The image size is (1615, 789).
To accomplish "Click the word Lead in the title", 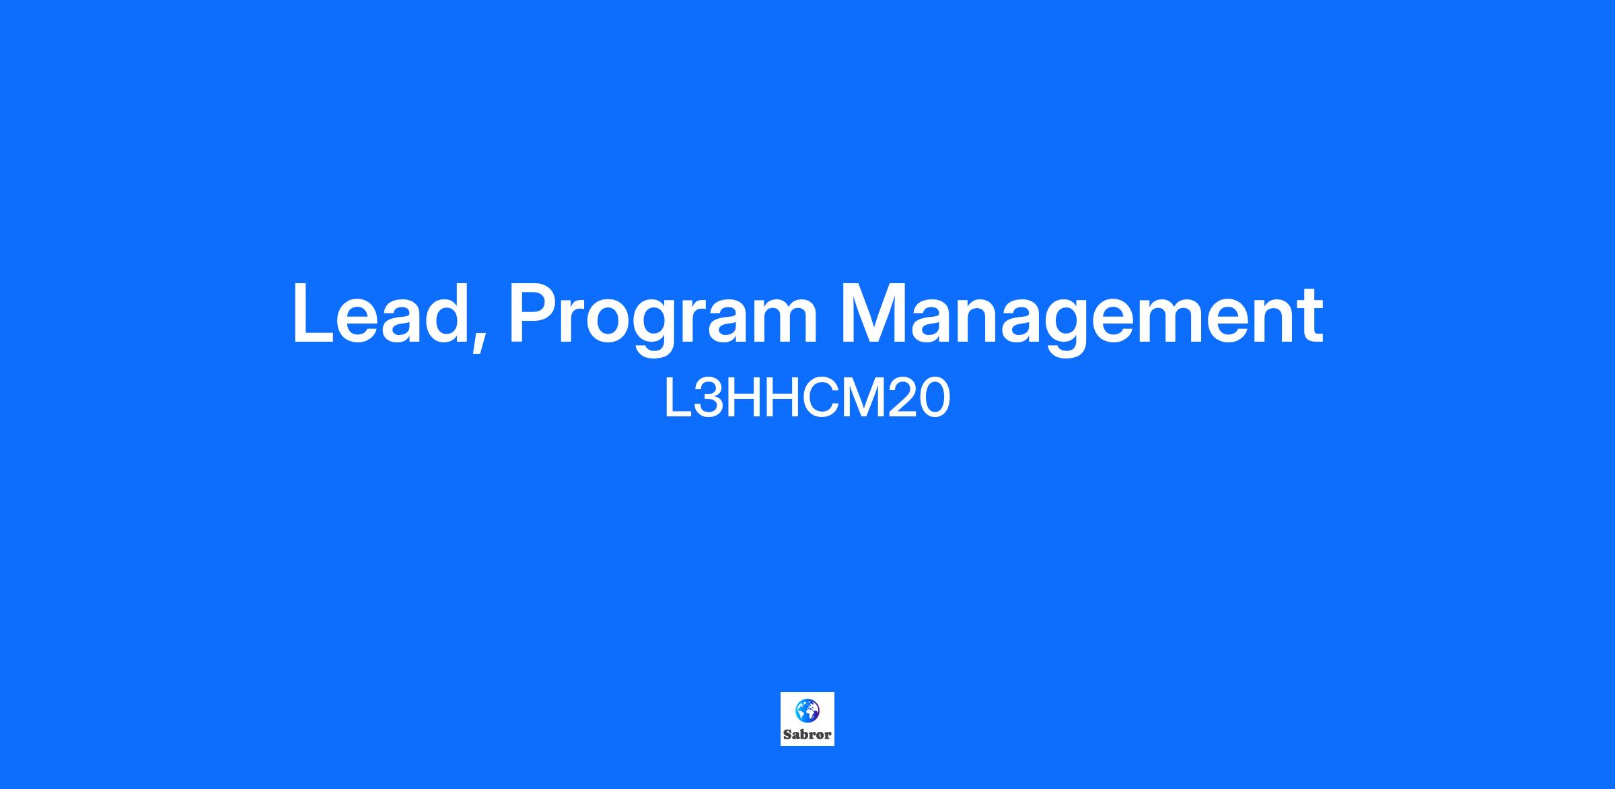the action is pos(380,313).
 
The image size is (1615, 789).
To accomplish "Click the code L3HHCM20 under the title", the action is pos(807,398).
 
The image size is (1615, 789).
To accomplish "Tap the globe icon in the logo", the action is pos(807,710).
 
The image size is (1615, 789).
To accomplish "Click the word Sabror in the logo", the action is pos(807,735).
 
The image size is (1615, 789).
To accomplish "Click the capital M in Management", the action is pos(875,313).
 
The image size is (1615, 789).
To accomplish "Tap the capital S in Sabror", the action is pos(787,735).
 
